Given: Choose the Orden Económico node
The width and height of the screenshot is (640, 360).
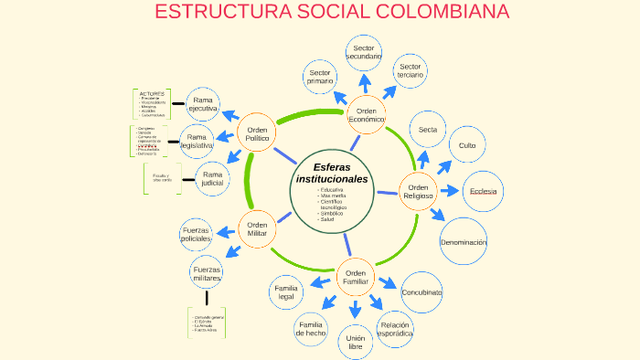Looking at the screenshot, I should (x=366, y=115).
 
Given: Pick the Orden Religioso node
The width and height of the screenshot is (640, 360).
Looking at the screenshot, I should (x=418, y=191).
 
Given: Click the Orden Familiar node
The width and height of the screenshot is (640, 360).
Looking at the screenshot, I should (x=356, y=277).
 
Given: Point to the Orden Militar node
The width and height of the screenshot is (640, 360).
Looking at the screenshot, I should (x=257, y=228).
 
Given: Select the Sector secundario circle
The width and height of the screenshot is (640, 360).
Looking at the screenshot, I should (x=363, y=52).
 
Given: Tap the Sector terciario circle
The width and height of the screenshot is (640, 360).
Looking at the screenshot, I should (x=411, y=71).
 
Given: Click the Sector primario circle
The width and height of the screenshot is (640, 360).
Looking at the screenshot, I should (x=321, y=78).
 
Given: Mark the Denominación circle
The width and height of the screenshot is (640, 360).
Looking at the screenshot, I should (x=464, y=242).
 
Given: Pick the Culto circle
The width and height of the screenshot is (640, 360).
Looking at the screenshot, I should (x=467, y=145).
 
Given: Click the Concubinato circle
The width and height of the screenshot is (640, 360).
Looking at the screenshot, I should (x=421, y=292).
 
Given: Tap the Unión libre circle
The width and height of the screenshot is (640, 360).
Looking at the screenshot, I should (x=356, y=343).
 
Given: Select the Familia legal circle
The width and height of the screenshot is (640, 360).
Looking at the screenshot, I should (x=286, y=292).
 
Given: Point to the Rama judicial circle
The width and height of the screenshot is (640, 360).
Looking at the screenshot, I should (x=213, y=178).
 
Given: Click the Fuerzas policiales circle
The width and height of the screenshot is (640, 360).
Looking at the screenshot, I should (x=197, y=234).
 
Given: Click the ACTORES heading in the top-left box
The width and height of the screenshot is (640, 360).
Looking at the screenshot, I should (x=152, y=93).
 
